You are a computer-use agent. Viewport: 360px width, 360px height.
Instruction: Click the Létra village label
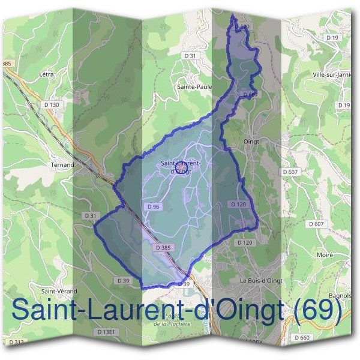(x=47, y=74)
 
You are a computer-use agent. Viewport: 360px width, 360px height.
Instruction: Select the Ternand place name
(x=62, y=164)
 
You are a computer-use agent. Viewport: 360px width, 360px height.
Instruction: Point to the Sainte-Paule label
(x=194, y=86)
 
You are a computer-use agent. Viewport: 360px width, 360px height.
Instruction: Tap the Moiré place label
(x=325, y=254)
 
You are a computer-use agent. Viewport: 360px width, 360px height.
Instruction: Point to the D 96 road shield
(x=152, y=206)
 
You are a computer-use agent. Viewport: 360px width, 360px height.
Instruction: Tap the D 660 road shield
(x=302, y=338)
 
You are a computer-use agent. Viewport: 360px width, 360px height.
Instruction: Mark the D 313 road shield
(x=17, y=342)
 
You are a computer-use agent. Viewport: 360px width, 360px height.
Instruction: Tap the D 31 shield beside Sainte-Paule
(x=191, y=55)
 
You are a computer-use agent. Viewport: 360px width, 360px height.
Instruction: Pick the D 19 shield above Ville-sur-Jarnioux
(x=333, y=38)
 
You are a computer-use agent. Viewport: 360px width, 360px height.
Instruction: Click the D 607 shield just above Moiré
(x=319, y=224)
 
